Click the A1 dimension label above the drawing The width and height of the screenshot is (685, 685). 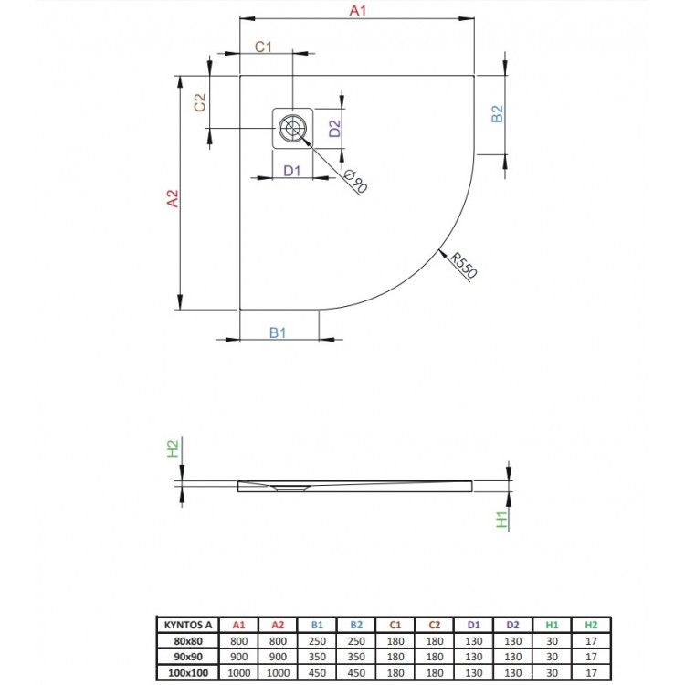point(357,10)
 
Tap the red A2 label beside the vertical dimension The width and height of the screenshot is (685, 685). point(173,198)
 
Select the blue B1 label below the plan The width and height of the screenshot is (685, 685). point(278,332)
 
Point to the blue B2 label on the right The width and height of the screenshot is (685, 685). point(497,114)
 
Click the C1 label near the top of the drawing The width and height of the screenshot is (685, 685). point(263,47)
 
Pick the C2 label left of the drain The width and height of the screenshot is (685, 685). point(200,103)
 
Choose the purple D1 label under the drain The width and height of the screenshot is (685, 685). point(292,171)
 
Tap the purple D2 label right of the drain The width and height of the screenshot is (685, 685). point(334,129)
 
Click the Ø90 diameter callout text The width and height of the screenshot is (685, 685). point(356,182)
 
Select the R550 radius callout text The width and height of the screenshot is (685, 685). point(463,265)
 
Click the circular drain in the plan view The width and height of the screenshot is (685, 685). point(292,129)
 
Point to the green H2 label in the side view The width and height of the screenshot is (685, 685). point(173,448)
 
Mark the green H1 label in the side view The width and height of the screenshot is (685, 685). point(502,520)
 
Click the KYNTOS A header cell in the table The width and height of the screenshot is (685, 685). point(188,625)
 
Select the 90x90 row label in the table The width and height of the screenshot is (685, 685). point(188,657)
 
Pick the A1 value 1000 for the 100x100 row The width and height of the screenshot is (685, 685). point(239,673)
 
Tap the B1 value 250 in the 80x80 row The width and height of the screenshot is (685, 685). point(317,641)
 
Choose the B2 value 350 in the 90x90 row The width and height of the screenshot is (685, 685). point(356,657)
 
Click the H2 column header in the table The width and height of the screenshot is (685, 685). point(591,625)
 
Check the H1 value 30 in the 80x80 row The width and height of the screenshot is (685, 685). point(553,641)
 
